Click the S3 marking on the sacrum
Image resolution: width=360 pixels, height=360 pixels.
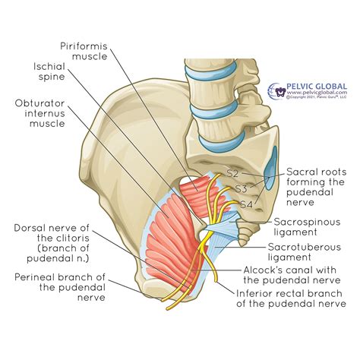coord(242,188)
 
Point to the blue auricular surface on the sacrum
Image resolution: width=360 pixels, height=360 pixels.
coord(271,162)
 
